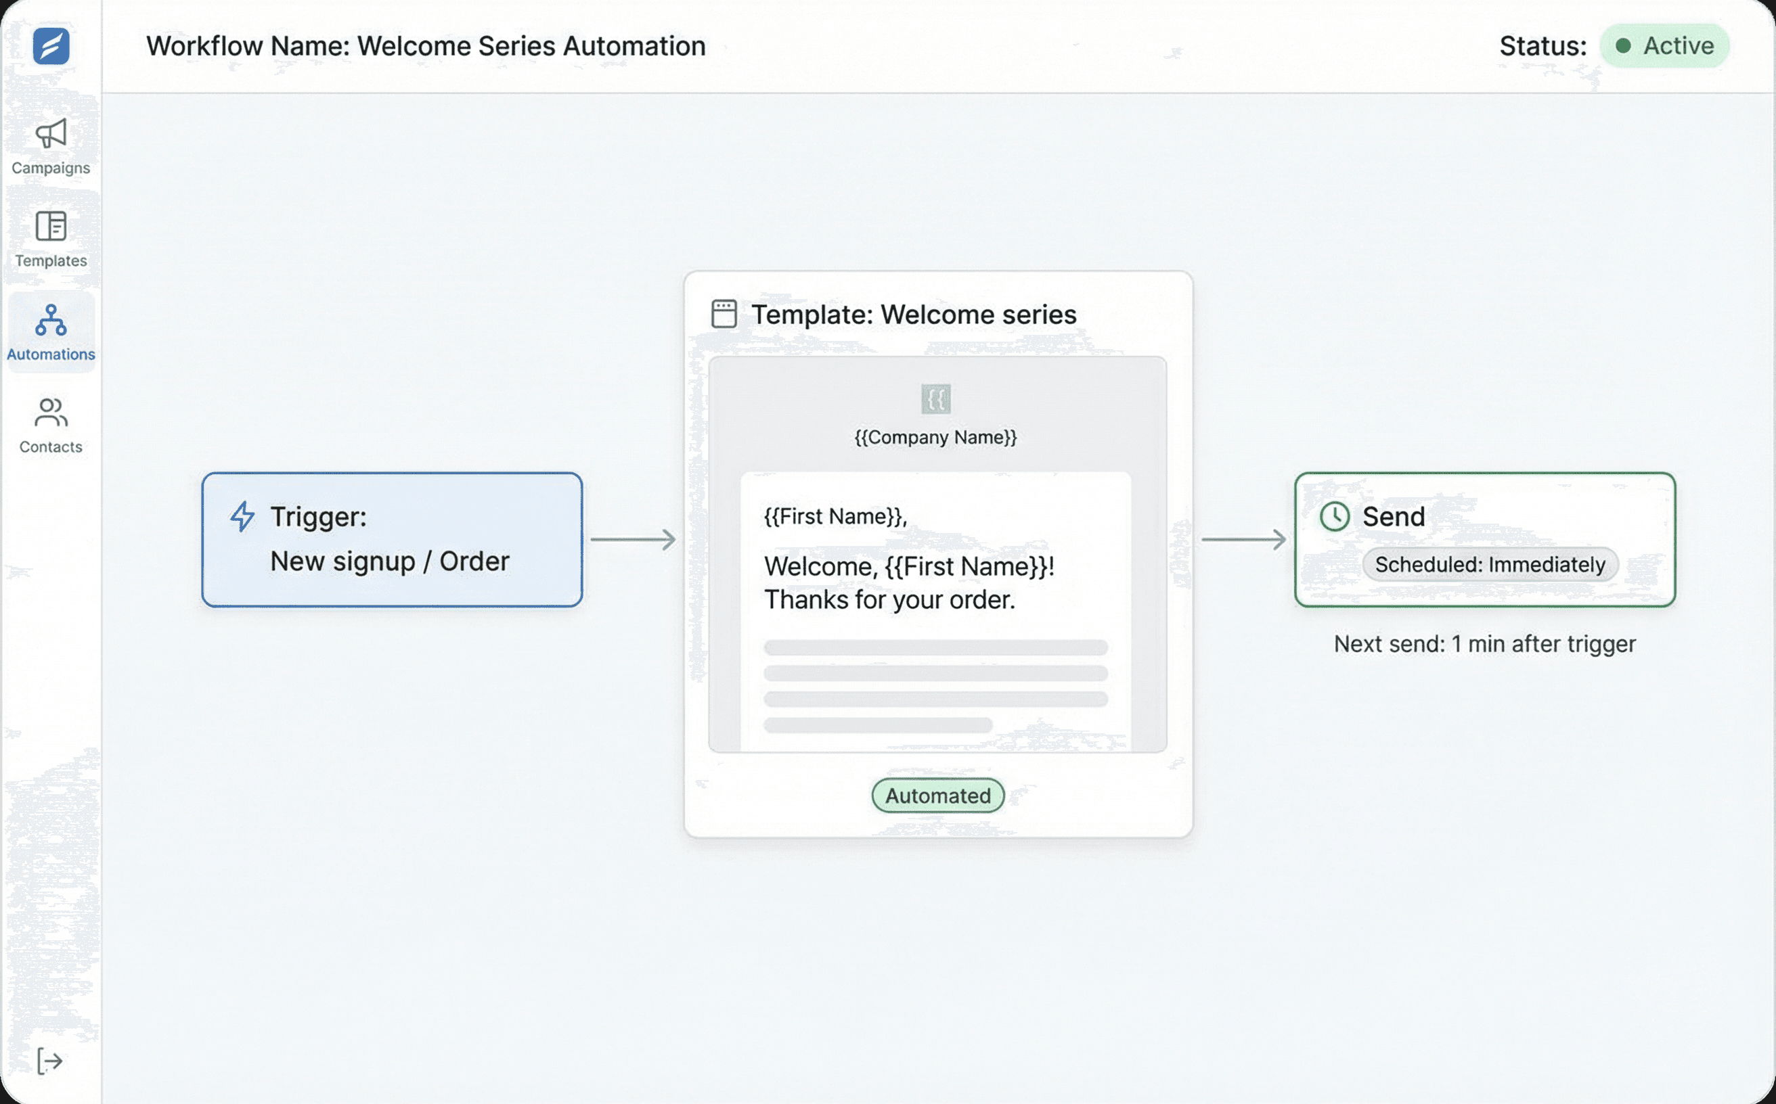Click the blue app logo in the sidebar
tap(50, 46)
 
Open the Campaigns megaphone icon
tap(50, 134)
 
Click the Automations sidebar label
tap(50, 354)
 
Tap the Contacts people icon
tap(50, 413)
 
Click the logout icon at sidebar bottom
tap(49, 1061)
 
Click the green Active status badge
tap(1664, 46)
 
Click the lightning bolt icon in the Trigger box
tap(242, 516)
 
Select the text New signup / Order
tap(389, 561)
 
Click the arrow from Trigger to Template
tap(633, 540)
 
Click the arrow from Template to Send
tap(1243, 540)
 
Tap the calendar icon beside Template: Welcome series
tap(724, 314)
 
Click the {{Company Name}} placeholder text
tap(935, 438)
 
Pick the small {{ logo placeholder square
tap(935, 398)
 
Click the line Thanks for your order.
tap(889, 600)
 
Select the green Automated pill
tap(937, 795)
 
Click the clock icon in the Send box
tap(1334, 516)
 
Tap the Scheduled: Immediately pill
tap(1490, 564)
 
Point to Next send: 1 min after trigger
tap(1484, 644)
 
